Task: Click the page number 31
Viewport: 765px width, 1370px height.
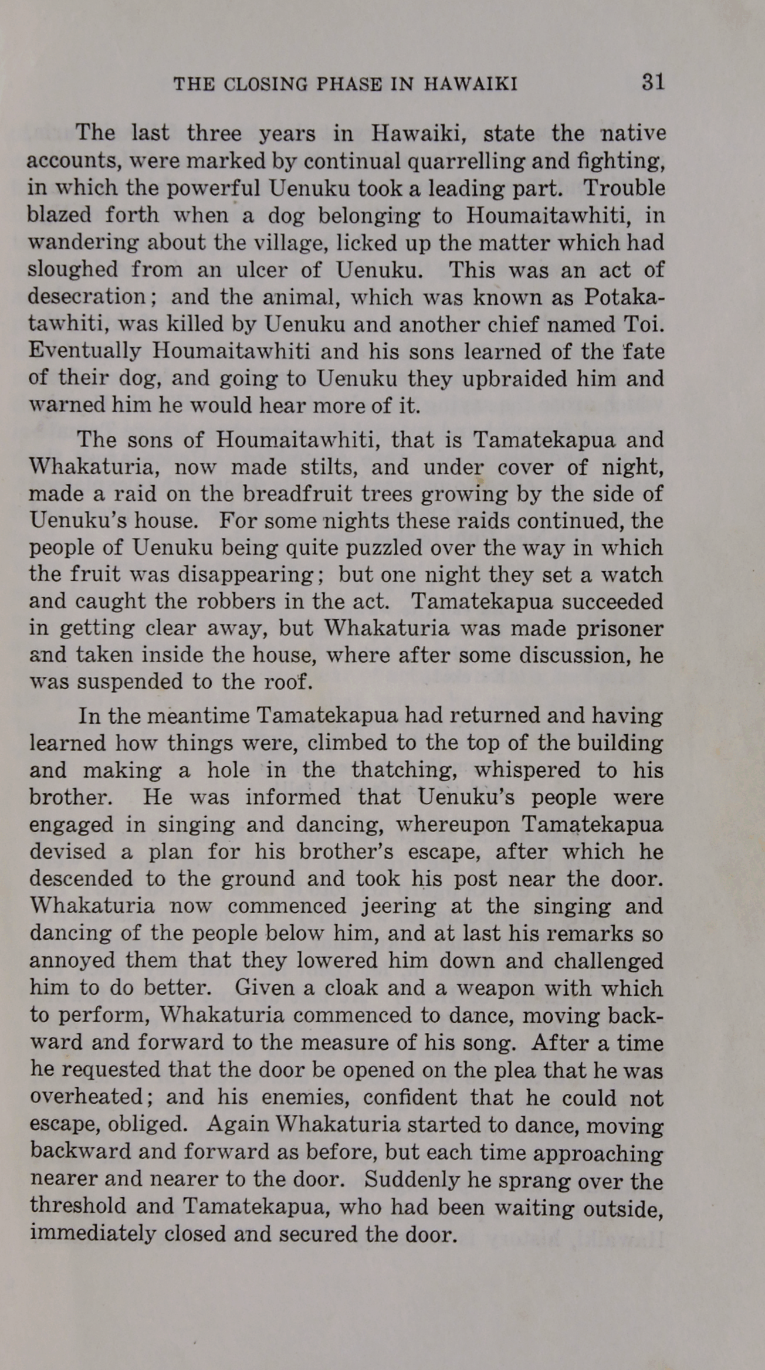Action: (652, 82)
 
